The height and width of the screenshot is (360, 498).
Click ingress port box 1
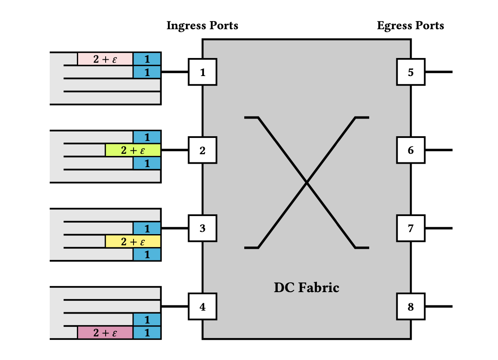(x=203, y=72)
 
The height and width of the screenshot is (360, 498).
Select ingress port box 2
(x=203, y=150)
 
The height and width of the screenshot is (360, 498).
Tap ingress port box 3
(x=203, y=228)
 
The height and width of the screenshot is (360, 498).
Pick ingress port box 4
(x=203, y=307)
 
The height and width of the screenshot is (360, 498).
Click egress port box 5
(x=411, y=72)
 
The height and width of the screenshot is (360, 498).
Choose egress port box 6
(x=411, y=150)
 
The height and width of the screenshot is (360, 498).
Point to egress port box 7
(x=411, y=228)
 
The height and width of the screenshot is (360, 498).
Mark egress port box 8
(x=411, y=307)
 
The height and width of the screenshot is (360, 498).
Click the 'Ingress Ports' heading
(x=202, y=26)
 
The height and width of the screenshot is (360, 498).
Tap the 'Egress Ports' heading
(x=410, y=26)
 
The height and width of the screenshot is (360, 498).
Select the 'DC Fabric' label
(x=307, y=287)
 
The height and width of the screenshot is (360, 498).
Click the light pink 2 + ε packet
(x=105, y=59)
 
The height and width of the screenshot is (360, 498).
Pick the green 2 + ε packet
(x=133, y=150)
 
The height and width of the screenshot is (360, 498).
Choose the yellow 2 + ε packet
(x=133, y=241)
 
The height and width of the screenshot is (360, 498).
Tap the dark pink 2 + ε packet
(x=105, y=333)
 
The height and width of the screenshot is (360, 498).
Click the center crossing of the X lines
(x=307, y=183)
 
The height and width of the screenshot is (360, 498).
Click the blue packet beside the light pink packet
(x=147, y=59)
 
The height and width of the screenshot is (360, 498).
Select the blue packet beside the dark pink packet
(x=147, y=333)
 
